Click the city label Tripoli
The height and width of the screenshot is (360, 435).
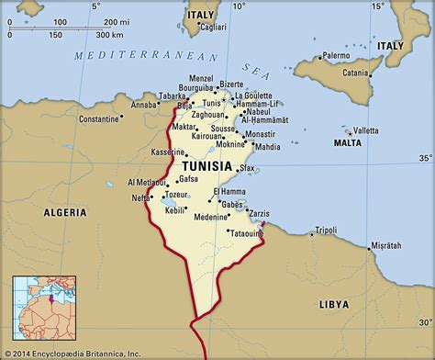pyautogui.click(x=326, y=230)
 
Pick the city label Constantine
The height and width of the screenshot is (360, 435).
pyautogui.click(x=99, y=118)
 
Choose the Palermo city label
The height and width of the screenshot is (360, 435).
pyautogui.click(x=336, y=56)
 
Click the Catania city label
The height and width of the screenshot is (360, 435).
pyautogui.click(x=357, y=72)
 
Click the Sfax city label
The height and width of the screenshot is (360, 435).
pyautogui.click(x=246, y=169)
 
